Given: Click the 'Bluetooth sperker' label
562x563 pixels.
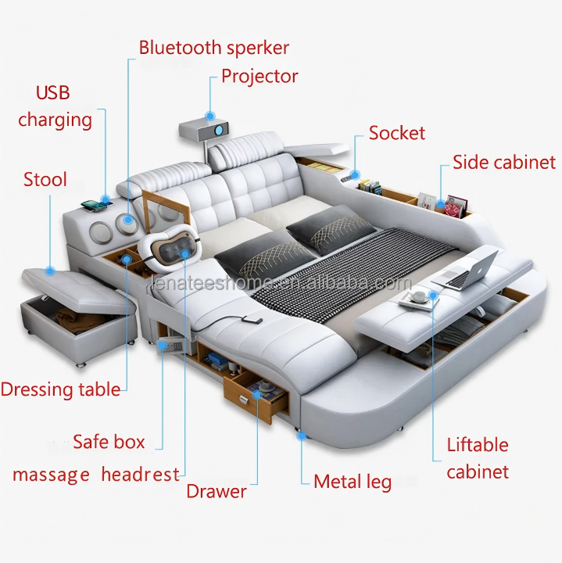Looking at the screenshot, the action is [x=214, y=48].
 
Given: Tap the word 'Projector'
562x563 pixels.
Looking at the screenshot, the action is [x=260, y=77].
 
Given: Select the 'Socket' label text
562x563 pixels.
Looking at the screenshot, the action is [x=397, y=133].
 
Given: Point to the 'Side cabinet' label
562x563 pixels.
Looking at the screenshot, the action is [x=504, y=162].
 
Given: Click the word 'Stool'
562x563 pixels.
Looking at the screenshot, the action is [x=45, y=179].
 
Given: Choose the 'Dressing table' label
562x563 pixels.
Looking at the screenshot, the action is [x=60, y=389].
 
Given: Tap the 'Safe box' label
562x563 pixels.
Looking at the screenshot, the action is [x=109, y=441].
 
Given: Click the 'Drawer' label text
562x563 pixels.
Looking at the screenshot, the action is [x=217, y=491].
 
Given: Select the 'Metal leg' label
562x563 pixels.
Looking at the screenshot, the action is [x=353, y=482].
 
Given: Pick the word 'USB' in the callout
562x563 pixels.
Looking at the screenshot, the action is [x=52, y=92].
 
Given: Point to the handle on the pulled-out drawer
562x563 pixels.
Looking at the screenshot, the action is [x=244, y=398].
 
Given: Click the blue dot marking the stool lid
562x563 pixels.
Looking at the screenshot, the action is [x=50, y=271].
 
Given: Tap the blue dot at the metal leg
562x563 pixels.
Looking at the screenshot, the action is [x=301, y=436].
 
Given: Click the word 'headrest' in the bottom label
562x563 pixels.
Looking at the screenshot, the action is [x=141, y=475].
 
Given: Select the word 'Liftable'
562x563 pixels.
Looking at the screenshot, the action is [x=478, y=445].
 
